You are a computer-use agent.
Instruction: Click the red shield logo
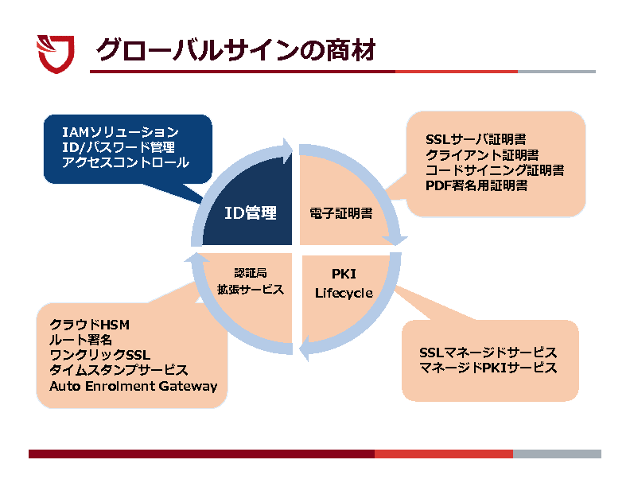click(56, 53)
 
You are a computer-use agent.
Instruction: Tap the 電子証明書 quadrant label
click(340, 213)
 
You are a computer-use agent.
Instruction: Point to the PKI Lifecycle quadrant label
click(344, 284)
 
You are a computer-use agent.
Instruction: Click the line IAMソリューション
click(120, 132)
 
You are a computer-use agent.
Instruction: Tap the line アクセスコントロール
click(126, 162)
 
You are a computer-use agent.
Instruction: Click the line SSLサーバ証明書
click(476, 139)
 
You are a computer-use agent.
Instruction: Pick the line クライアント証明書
click(481, 154)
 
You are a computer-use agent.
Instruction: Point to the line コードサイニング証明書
click(494, 169)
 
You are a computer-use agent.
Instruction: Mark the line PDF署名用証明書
click(476, 185)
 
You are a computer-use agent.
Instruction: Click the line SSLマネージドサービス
click(488, 353)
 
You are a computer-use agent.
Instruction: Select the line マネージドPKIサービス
click(488, 368)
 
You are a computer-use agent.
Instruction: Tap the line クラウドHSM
click(89, 325)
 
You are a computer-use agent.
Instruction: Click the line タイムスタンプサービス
click(119, 370)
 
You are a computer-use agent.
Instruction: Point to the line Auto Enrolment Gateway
click(133, 386)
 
